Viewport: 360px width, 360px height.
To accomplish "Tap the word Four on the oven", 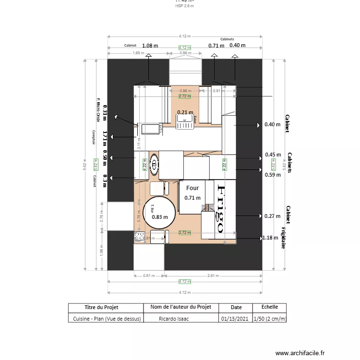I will tap(192, 188).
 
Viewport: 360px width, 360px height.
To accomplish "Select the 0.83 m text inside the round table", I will tap(160, 216).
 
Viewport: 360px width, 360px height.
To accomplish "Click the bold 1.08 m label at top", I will tap(150, 46).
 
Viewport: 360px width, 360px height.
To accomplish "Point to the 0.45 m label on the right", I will tap(273, 155).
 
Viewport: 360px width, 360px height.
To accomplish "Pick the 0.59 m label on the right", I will tap(272, 175).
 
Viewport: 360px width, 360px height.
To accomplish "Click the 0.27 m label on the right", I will tap(272, 216).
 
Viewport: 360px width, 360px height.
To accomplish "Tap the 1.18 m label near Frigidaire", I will tap(271, 238).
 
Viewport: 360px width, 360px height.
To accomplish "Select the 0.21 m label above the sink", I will tap(185, 112).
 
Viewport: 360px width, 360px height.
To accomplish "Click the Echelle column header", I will tap(269, 307).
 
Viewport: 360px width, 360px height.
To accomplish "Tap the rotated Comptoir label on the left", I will tap(95, 137).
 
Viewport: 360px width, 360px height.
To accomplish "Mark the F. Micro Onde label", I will tap(98, 110).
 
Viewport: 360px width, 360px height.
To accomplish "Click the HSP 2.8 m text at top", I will tap(185, 6).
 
